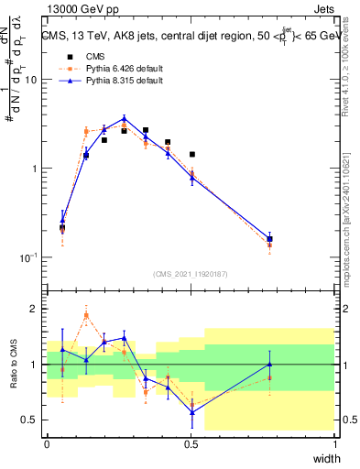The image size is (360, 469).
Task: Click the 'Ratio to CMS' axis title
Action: pyautogui.click(x=13, y=365)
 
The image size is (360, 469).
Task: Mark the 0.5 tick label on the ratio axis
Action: pyautogui.click(x=29, y=420)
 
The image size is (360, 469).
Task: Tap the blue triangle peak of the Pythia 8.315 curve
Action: pyautogui.click(x=125, y=117)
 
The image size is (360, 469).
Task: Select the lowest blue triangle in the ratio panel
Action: pyautogui.click(x=191, y=412)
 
